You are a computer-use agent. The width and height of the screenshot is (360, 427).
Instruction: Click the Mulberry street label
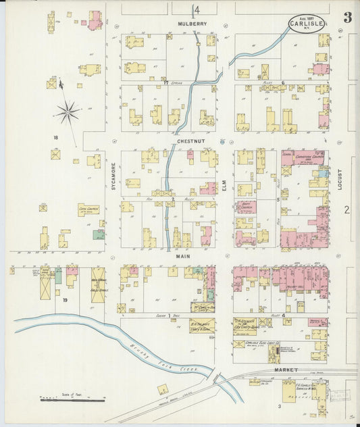[x=192, y=24]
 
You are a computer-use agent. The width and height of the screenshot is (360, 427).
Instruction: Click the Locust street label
[x=340, y=179]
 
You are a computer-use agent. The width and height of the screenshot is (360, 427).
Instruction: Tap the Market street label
[x=287, y=371]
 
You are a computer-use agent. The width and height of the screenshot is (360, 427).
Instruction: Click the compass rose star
[x=68, y=112]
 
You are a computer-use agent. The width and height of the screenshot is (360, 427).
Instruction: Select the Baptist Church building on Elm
[x=246, y=206]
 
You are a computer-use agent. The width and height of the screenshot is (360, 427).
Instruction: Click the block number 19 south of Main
[x=66, y=299]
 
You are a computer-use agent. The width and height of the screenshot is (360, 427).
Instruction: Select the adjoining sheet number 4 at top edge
[x=197, y=10]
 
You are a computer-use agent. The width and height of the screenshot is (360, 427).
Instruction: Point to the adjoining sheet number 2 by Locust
[x=346, y=210]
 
